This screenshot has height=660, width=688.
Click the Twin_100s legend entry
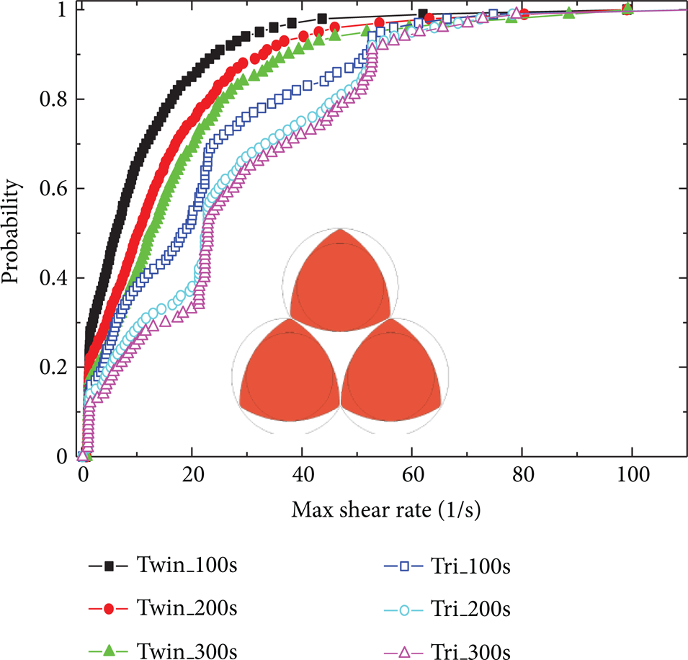(162, 565)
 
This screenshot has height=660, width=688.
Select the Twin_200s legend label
(162, 608)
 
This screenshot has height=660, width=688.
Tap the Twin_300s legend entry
(162, 650)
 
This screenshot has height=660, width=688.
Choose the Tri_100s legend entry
(447, 566)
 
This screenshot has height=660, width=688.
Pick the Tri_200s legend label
(447, 609)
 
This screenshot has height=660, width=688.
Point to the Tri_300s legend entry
(447, 651)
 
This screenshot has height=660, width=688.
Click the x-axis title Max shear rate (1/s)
(386, 510)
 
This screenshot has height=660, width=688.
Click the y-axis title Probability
(11, 231)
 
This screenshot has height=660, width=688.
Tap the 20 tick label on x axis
(193, 474)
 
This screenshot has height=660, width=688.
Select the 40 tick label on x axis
(303, 474)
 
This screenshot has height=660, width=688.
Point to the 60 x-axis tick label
(414, 474)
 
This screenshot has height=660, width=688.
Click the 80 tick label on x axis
(523, 474)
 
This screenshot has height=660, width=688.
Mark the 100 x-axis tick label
(633, 474)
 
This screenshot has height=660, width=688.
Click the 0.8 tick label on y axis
(53, 99)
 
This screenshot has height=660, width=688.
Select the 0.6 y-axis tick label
(53, 189)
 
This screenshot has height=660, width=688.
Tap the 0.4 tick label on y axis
(53, 278)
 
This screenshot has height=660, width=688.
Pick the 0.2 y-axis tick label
(53, 367)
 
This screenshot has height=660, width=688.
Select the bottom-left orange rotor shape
(290, 373)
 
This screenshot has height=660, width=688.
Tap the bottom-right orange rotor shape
(390, 373)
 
